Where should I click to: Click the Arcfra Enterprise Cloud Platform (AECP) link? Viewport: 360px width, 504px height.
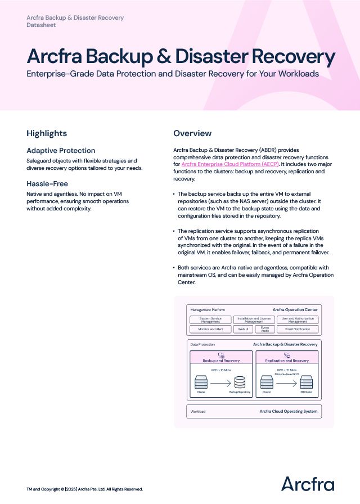click(x=230, y=164)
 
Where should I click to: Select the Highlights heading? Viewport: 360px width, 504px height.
click(x=47, y=133)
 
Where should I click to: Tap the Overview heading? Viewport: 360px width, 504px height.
click(x=192, y=133)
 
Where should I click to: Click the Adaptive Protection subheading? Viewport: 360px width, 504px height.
click(x=61, y=151)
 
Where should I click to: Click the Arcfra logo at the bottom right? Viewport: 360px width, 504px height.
click(x=307, y=484)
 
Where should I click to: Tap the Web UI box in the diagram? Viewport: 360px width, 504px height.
click(x=242, y=329)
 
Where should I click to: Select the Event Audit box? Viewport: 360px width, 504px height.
click(x=265, y=329)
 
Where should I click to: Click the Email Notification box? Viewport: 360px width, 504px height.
click(x=298, y=329)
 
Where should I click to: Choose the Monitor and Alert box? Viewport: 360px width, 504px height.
click(x=210, y=329)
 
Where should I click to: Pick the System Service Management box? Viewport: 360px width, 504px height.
click(x=210, y=319)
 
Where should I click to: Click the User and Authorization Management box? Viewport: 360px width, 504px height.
click(x=298, y=319)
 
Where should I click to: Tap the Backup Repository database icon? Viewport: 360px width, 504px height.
click(x=241, y=383)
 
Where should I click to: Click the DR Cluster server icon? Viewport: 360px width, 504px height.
click(x=306, y=383)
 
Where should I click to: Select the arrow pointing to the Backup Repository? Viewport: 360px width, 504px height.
click(x=221, y=383)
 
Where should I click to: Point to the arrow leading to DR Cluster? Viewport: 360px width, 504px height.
click(x=287, y=383)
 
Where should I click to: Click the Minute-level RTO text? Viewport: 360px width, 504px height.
click(x=287, y=373)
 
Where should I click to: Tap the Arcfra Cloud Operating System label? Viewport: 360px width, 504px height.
click(x=288, y=411)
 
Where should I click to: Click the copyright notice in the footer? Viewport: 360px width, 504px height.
click(x=84, y=489)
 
